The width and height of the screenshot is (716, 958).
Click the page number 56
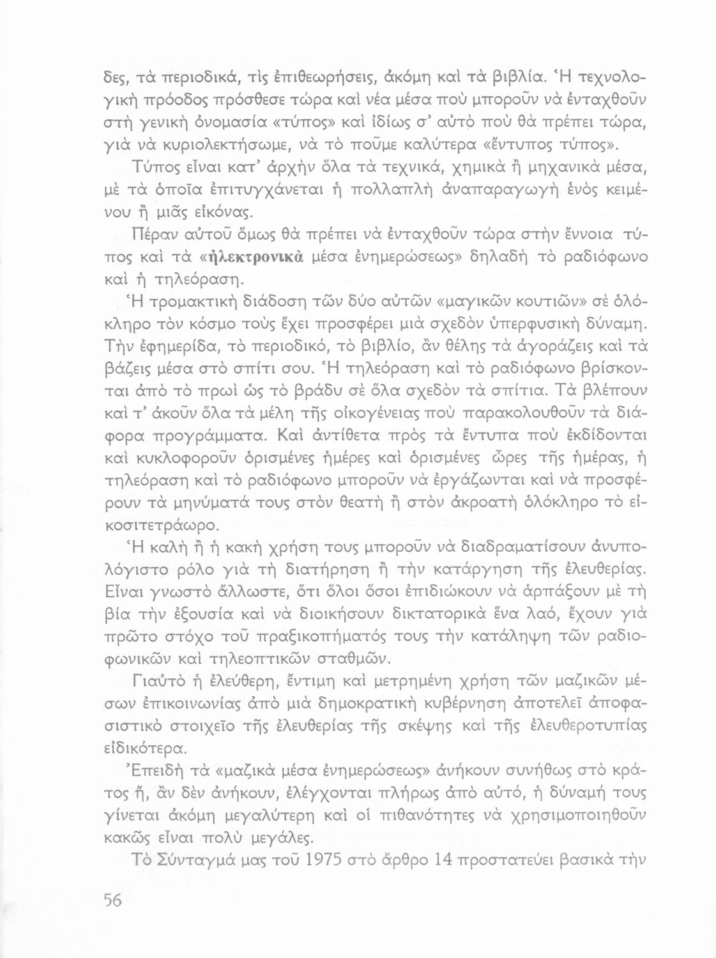112,900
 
